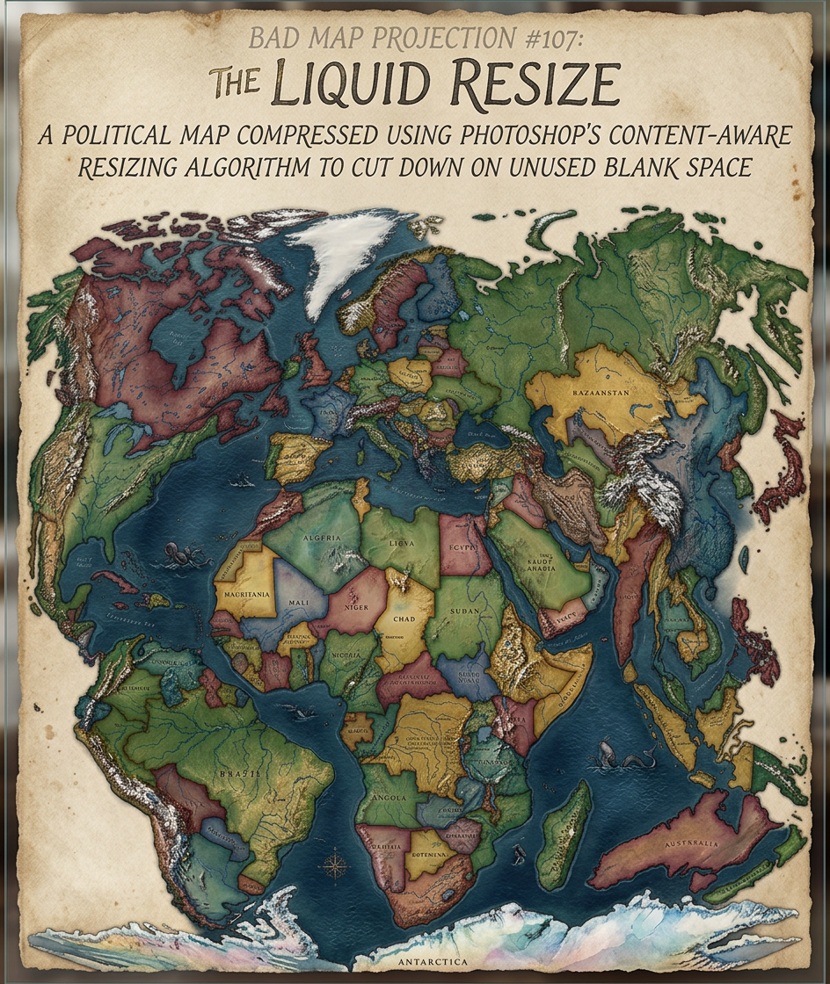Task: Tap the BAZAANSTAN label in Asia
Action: pyautogui.click(x=601, y=392)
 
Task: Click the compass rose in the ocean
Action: pyautogui.click(x=335, y=864)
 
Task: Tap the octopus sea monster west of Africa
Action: pyautogui.click(x=183, y=555)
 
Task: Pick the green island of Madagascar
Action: pyautogui.click(x=564, y=835)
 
